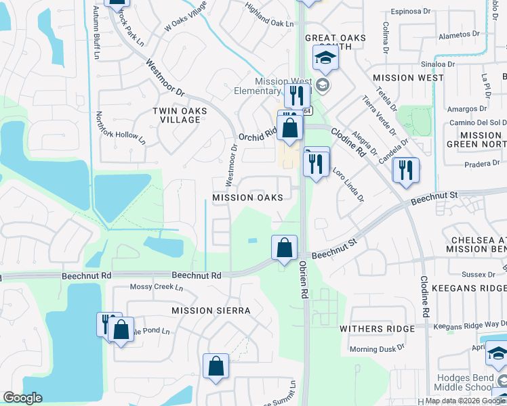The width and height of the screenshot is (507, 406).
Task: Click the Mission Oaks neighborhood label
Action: click(247, 198)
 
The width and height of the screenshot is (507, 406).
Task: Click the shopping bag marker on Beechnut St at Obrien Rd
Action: click(285, 248)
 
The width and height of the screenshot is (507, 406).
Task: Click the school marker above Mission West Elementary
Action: click(325, 59)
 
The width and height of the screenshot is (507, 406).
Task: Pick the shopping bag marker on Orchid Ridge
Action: click(289, 128)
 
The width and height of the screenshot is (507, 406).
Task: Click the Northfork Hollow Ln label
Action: click(121, 128)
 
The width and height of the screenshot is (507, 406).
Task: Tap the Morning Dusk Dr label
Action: click(377, 349)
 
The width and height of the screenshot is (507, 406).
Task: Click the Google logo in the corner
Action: click(23, 398)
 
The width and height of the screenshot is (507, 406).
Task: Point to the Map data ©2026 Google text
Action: click(465, 401)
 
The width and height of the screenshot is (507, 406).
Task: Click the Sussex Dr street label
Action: click(478, 274)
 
